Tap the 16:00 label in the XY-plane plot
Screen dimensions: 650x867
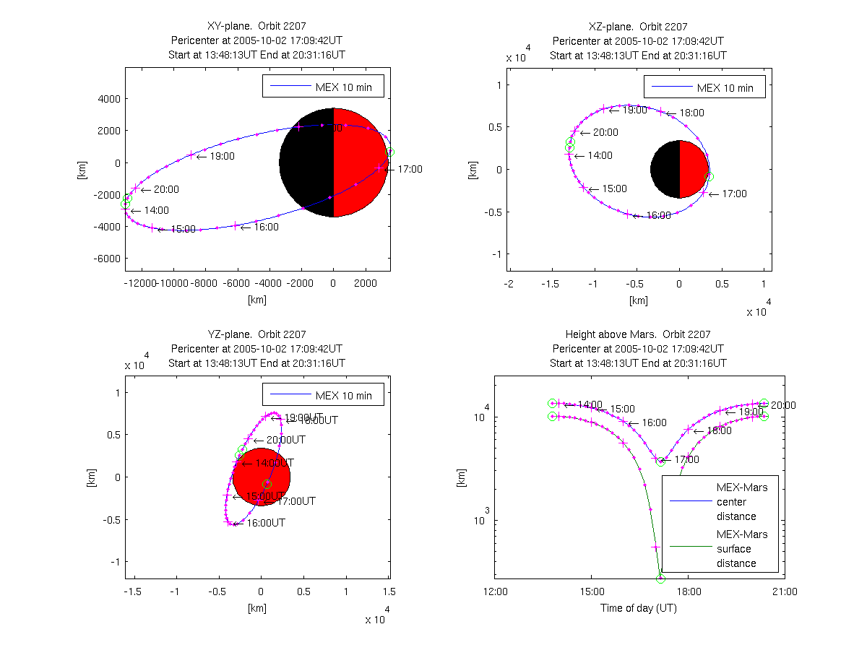click(x=266, y=227)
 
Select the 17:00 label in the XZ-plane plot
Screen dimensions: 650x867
click(x=734, y=194)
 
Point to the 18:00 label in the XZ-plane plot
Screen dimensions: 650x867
click(x=691, y=113)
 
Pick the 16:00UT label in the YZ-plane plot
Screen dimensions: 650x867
click(x=266, y=523)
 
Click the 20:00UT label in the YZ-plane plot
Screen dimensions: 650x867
click(x=285, y=440)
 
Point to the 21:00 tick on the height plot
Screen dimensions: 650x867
click(x=784, y=591)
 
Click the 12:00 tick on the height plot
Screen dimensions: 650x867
click(x=495, y=591)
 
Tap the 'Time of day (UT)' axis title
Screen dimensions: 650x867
click(x=639, y=608)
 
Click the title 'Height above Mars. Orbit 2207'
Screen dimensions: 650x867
click(x=638, y=334)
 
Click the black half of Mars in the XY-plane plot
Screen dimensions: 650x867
click(x=306, y=162)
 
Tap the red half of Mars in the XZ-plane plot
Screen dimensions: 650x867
click(x=693, y=169)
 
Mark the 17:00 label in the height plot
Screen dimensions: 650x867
click(x=686, y=459)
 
